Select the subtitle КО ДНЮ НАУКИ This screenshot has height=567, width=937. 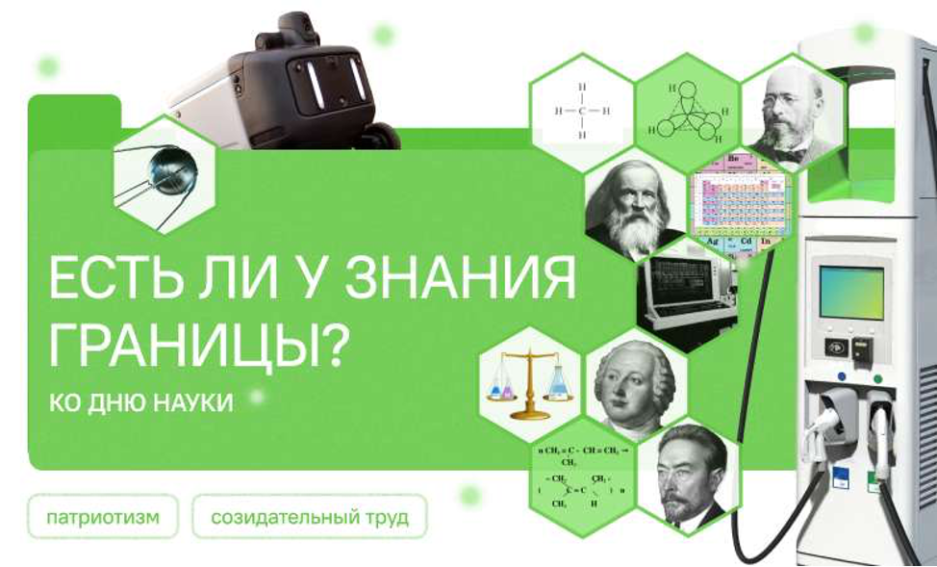click(x=140, y=401)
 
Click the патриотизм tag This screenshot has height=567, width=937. click(x=103, y=518)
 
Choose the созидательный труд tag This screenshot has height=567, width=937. click(x=309, y=518)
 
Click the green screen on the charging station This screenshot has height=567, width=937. click(x=850, y=293)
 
